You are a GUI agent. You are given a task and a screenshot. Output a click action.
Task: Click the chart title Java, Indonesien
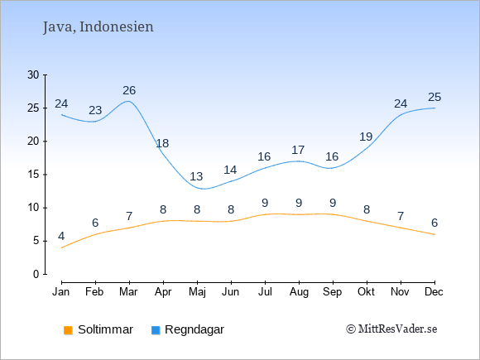click(x=98, y=27)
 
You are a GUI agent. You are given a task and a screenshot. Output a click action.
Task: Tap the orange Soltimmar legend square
click(x=68, y=330)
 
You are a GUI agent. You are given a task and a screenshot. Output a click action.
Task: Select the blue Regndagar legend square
click(x=156, y=330)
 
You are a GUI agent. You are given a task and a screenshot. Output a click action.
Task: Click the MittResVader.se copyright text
click(x=391, y=329)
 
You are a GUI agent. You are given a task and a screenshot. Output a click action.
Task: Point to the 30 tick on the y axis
click(x=33, y=74)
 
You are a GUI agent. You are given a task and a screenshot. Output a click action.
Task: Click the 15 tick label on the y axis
click(x=33, y=175)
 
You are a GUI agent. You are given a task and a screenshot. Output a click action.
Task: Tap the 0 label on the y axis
click(x=36, y=274)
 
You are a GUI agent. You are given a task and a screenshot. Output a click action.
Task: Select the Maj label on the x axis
click(x=197, y=292)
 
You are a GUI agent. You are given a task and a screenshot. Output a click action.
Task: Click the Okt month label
click(x=366, y=292)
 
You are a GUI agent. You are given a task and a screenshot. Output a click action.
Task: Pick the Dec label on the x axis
click(x=434, y=292)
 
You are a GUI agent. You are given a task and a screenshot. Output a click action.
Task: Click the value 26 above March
click(x=129, y=90)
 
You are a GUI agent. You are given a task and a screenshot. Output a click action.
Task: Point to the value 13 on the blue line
click(x=196, y=176)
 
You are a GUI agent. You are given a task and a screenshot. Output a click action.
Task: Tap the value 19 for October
click(x=366, y=137)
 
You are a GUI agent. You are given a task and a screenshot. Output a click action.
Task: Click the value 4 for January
click(x=61, y=237)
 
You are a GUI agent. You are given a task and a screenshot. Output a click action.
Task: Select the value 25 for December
click(x=434, y=97)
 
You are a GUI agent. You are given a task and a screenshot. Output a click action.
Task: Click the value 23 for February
click(x=95, y=110)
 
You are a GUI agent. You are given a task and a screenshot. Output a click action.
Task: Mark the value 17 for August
click(x=298, y=150)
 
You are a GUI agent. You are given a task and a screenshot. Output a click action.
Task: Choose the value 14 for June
click(x=230, y=170)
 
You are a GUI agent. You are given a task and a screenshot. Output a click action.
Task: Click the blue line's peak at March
click(x=128, y=101)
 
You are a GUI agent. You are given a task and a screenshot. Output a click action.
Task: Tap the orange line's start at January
click(x=62, y=247)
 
